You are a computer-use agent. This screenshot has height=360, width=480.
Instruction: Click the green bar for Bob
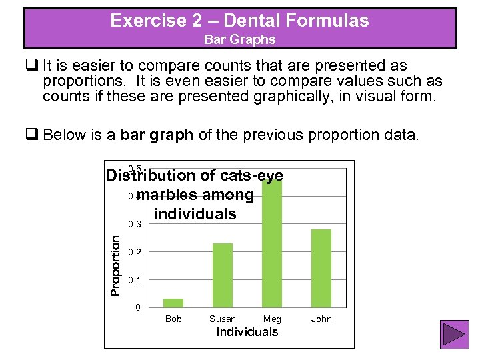coord(173,303)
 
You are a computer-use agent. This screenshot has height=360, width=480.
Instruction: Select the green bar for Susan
coord(223,275)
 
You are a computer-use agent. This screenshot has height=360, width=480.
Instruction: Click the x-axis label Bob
coord(173,319)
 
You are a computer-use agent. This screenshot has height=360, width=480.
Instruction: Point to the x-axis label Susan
coord(223,319)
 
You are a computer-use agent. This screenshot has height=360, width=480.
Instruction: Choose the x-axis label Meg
coord(272,319)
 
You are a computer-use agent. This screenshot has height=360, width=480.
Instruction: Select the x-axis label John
coord(321,319)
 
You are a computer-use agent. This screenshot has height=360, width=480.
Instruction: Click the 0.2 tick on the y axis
coord(135,252)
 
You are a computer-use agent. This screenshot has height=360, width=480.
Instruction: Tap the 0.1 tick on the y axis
coord(135,280)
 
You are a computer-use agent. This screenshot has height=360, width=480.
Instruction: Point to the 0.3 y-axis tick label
coord(135,224)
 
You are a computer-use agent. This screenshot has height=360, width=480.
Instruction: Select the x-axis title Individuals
coord(247,332)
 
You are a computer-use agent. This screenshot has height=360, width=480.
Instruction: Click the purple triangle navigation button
coord(454,335)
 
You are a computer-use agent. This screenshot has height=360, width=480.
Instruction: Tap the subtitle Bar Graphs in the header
coord(239,39)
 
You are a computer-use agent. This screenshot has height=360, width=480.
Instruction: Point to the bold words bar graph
coord(157,135)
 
